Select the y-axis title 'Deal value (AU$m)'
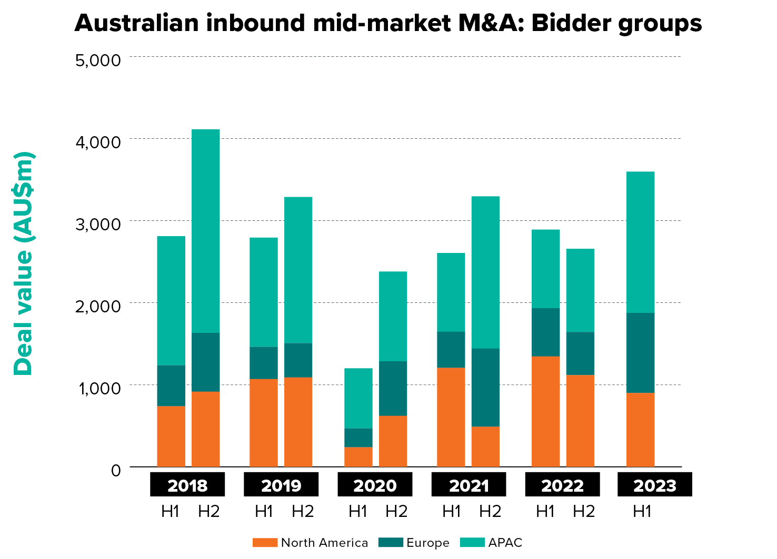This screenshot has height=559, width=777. point(24,263)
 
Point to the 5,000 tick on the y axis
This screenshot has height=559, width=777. point(98,60)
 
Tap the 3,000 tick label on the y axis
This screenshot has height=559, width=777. point(98,224)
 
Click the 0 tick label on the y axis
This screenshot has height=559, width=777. point(116,470)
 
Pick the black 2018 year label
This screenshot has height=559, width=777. point(187,485)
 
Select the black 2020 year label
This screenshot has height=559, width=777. point(375,485)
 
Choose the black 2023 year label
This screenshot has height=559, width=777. point(654,485)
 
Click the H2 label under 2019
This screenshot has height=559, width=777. point(303,511)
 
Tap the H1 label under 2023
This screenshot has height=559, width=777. point(642,511)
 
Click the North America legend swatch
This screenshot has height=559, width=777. point(264,543)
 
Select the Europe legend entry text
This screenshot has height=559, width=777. point(427,543)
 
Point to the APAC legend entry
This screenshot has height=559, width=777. point(505,543)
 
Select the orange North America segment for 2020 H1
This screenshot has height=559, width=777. point(358,456)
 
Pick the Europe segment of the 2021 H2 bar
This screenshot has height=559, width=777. point(485,387)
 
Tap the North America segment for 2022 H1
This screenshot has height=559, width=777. point(545,411)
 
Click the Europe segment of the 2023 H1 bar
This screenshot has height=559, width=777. point(640,352)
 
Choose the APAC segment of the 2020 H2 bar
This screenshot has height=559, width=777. point(393,316)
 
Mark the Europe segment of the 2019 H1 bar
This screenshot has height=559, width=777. point(263,363)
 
